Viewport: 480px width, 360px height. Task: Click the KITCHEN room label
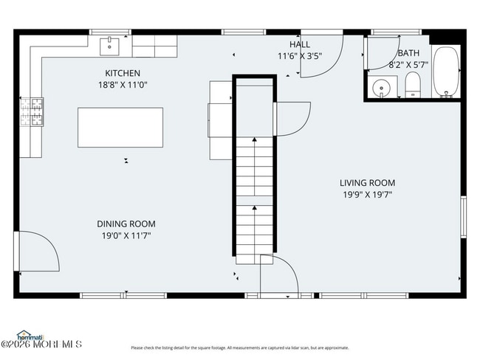[122, 73]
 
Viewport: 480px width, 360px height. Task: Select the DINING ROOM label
[126, 224]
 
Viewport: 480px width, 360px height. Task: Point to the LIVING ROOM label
[367, 183]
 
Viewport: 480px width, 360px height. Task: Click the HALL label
[299, 44]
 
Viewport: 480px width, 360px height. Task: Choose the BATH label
[408, 53]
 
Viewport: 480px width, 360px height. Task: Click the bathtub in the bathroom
[445, 72]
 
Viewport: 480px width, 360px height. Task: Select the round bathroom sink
[382, 87]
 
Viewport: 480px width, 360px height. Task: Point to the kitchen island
[120, 128]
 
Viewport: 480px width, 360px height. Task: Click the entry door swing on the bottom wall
[278, 276]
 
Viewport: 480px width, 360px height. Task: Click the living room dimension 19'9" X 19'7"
[367, 195]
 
